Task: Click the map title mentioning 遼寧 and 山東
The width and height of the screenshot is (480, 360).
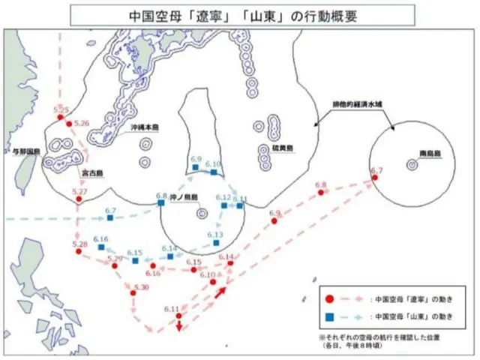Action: point(239,14)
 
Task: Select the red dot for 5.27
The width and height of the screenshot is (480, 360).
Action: point(79,199)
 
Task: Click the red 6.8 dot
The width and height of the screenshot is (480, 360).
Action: point(321,193)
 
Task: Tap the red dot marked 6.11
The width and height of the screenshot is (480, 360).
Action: point(178,316)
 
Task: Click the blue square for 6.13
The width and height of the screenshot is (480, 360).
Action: point(212,243)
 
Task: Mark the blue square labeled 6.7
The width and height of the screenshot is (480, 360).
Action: point(109,217)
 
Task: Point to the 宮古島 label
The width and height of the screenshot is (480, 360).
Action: point(92,173)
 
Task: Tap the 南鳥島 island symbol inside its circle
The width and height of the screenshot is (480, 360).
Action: point(412,164)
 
